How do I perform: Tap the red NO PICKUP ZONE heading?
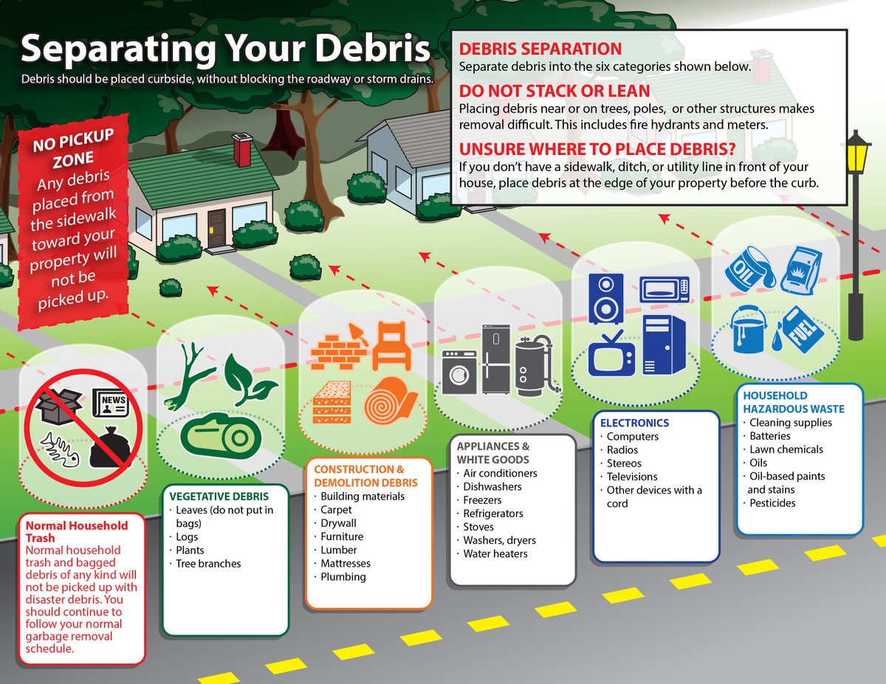74,150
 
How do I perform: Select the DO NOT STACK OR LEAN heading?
554,91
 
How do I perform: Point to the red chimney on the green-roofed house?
241,151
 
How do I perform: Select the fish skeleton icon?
61,446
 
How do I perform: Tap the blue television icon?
612,352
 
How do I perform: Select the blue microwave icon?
664,290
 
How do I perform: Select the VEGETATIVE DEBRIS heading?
219,496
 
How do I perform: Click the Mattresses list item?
345,563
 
